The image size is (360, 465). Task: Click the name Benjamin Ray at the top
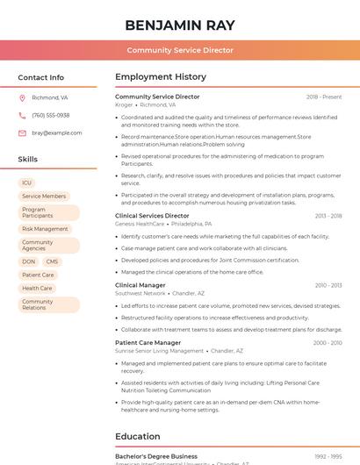click(180, 25)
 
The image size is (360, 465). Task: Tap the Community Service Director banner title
click(180, 50)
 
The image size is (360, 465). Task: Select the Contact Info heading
click(41, 77)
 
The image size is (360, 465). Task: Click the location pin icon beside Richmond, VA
click(22, 98)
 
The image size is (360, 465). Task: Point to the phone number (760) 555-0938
click(50, 116)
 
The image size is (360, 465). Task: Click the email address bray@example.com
click(57, 133)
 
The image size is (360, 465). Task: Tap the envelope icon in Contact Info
click(22, 133)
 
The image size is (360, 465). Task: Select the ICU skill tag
click(27, 182)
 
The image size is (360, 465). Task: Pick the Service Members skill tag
click(44, 197)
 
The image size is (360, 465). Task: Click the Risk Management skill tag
click(45, 229)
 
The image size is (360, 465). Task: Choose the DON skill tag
click(29, 261)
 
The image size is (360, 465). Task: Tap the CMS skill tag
click(53, 261)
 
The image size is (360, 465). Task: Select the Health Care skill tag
click(38, 288)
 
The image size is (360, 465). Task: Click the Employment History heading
click(161, 77)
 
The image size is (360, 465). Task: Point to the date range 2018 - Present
click(324, 97)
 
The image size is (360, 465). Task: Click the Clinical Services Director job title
click(152, 216)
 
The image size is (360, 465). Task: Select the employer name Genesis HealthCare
click(139, 224)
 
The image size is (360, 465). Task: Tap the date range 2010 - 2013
click(328, 285)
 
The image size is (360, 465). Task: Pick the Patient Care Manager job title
click(148, 343)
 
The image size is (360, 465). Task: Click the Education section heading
click(138, 436)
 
